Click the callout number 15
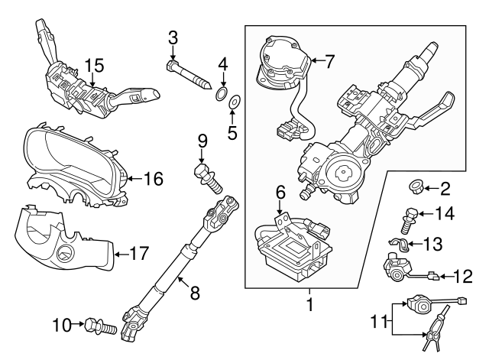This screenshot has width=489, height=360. [92, 67]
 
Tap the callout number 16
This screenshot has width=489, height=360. [154, 179]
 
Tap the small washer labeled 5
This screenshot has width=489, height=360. [235, 100]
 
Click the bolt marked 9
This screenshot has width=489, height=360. [206, 176]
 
